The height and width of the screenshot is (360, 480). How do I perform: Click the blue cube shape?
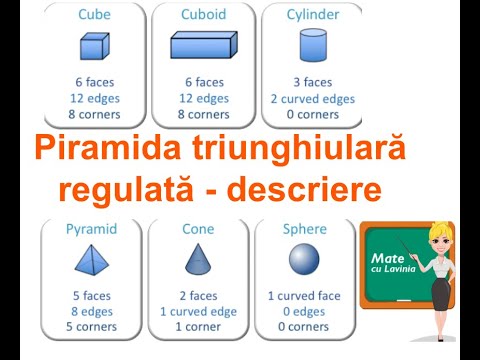point(93,47)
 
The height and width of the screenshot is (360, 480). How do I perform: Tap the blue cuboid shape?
point(203,45)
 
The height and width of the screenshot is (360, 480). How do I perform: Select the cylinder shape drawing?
point(313,45)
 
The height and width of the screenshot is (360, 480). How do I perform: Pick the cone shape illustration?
point(198,258)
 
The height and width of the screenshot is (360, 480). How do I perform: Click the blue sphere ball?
point(304,259)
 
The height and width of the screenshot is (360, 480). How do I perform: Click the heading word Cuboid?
point(203,15)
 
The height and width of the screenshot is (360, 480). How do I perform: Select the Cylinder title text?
point(313,15)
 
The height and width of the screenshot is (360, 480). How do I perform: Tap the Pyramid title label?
point(93,229)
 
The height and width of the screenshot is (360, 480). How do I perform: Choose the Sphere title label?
point(304,229)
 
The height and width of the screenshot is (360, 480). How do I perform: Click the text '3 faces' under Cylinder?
point(313,81)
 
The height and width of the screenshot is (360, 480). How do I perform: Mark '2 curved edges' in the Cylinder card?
point(313,98)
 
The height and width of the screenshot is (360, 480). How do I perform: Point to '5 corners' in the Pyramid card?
point(93,326)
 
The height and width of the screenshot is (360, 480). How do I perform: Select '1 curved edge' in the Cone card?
point(198,311)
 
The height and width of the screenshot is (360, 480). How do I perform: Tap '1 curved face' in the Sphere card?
point(304,295)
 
